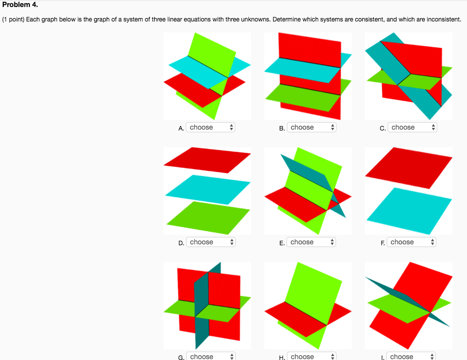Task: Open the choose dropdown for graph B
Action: pyautogui.click(x=311, y=127)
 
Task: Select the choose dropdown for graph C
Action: pyautogui.click(x=412, y=127)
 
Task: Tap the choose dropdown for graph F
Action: pyautogui.click(x=412, y=242)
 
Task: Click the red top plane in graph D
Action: pyautogui.click(x=207, y=159)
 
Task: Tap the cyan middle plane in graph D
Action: pyautogui.click(x=207, y=189)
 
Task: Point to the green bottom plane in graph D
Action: pyautogui.click(x=207, y=217)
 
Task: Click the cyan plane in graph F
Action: pyautogui.click(x=409, y=210)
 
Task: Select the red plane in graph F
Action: pyautogui.click(x=409, y=167)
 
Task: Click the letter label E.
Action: pyautogui.click(x=282, y=243)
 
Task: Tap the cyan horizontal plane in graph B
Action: pyautogui.click(x=302, y=69)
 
